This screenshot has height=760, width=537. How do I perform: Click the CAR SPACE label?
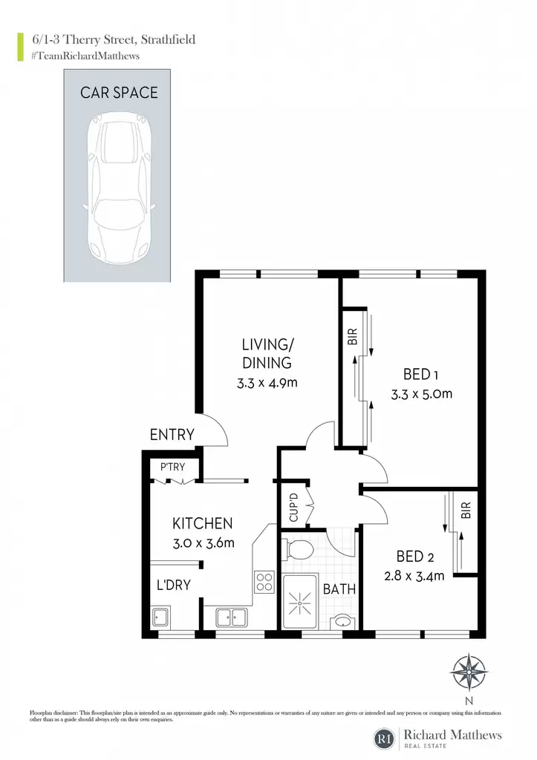coord(119,93)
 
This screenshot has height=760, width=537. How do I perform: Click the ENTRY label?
coord(172,434)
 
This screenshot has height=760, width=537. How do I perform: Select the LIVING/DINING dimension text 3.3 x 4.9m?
coord(267,382)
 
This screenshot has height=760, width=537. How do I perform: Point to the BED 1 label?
coord(421,374)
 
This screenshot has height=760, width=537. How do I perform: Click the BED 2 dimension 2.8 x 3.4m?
coord(414,576)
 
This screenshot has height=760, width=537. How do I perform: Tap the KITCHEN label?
coord(202,523)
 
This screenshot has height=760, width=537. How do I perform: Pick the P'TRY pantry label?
coord(173,467)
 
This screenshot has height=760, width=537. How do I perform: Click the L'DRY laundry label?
coord(174,585)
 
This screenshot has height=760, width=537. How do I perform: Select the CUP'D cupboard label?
coord(293,508)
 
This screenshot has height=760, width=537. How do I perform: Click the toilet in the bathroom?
coord(299,551)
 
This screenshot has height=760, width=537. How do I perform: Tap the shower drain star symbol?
coord(299,603)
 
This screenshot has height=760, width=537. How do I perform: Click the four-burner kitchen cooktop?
coord(264,582)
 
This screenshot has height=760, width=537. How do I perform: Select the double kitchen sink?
coord(232,617)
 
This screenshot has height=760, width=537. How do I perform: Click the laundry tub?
coord(160,617)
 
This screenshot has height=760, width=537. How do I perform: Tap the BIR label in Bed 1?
coord(353,336)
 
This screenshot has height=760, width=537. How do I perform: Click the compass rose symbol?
coord(469,672)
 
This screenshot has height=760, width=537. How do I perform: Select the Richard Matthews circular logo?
coord(385,738)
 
